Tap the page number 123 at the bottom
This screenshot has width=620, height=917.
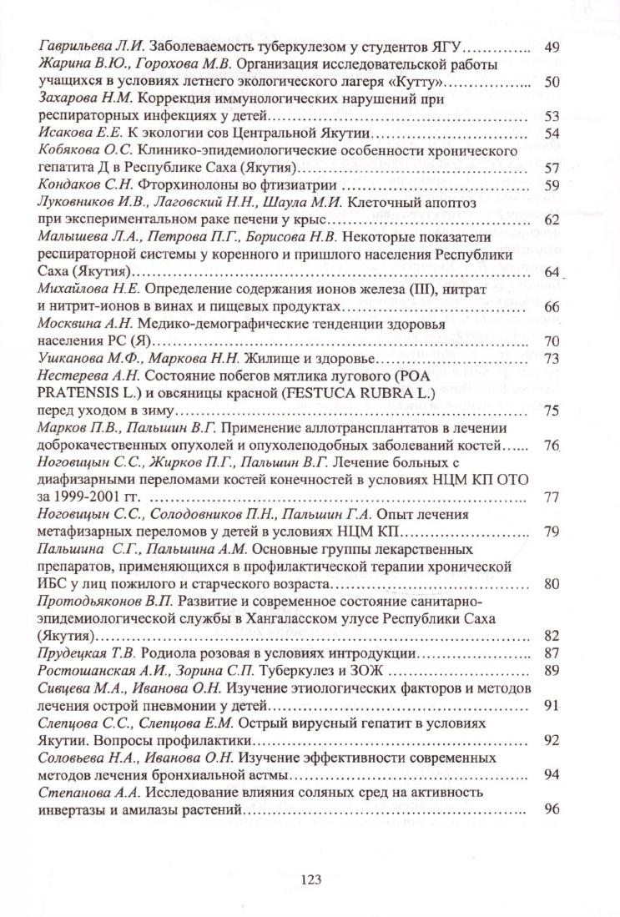tap(310, 878)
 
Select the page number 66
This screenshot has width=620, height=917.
tap(551, 306)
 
